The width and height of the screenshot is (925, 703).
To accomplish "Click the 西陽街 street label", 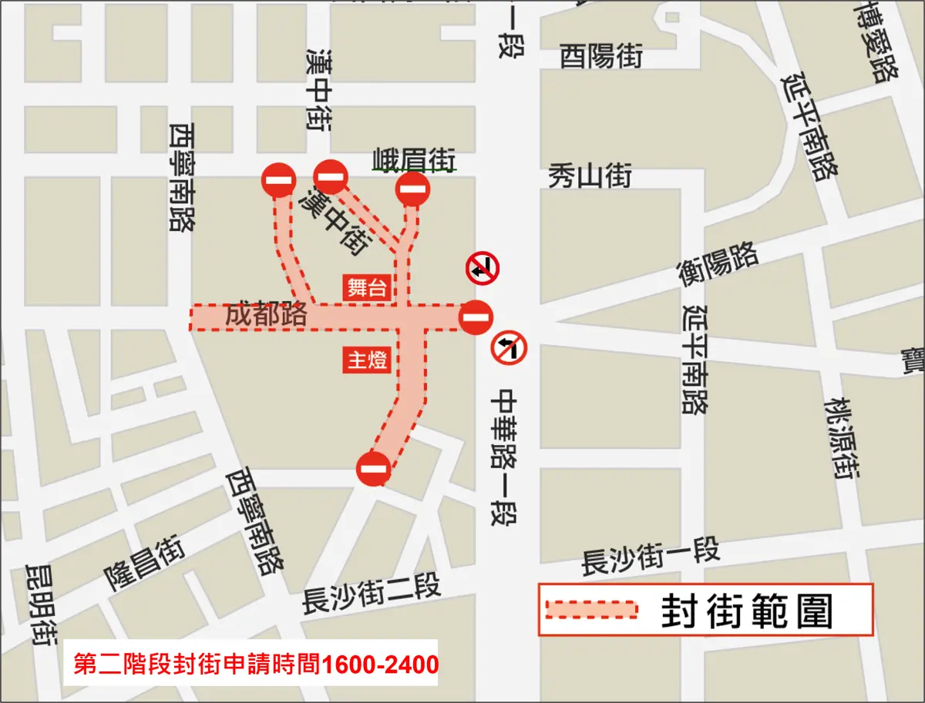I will point(601,56).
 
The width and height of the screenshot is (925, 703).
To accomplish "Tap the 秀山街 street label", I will point(590,176).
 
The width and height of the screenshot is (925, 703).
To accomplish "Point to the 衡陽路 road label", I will point(718,264).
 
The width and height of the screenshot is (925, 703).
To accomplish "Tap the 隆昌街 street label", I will point(145,564).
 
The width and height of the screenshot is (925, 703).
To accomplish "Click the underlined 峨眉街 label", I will point(413,159).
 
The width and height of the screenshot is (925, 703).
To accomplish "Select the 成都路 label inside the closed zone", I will point(267,314).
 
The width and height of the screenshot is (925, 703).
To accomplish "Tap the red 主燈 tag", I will point(367,360).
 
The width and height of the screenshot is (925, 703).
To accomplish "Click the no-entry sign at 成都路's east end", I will point(476,316).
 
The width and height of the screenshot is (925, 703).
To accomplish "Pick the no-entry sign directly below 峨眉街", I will point(412,189).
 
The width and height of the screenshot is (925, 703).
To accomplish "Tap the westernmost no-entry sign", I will point(278,182).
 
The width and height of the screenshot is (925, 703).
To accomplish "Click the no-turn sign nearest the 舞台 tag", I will point(483,269).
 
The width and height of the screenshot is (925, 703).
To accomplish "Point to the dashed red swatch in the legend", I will point(591,609).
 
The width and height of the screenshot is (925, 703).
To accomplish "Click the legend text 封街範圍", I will point(747,611).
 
